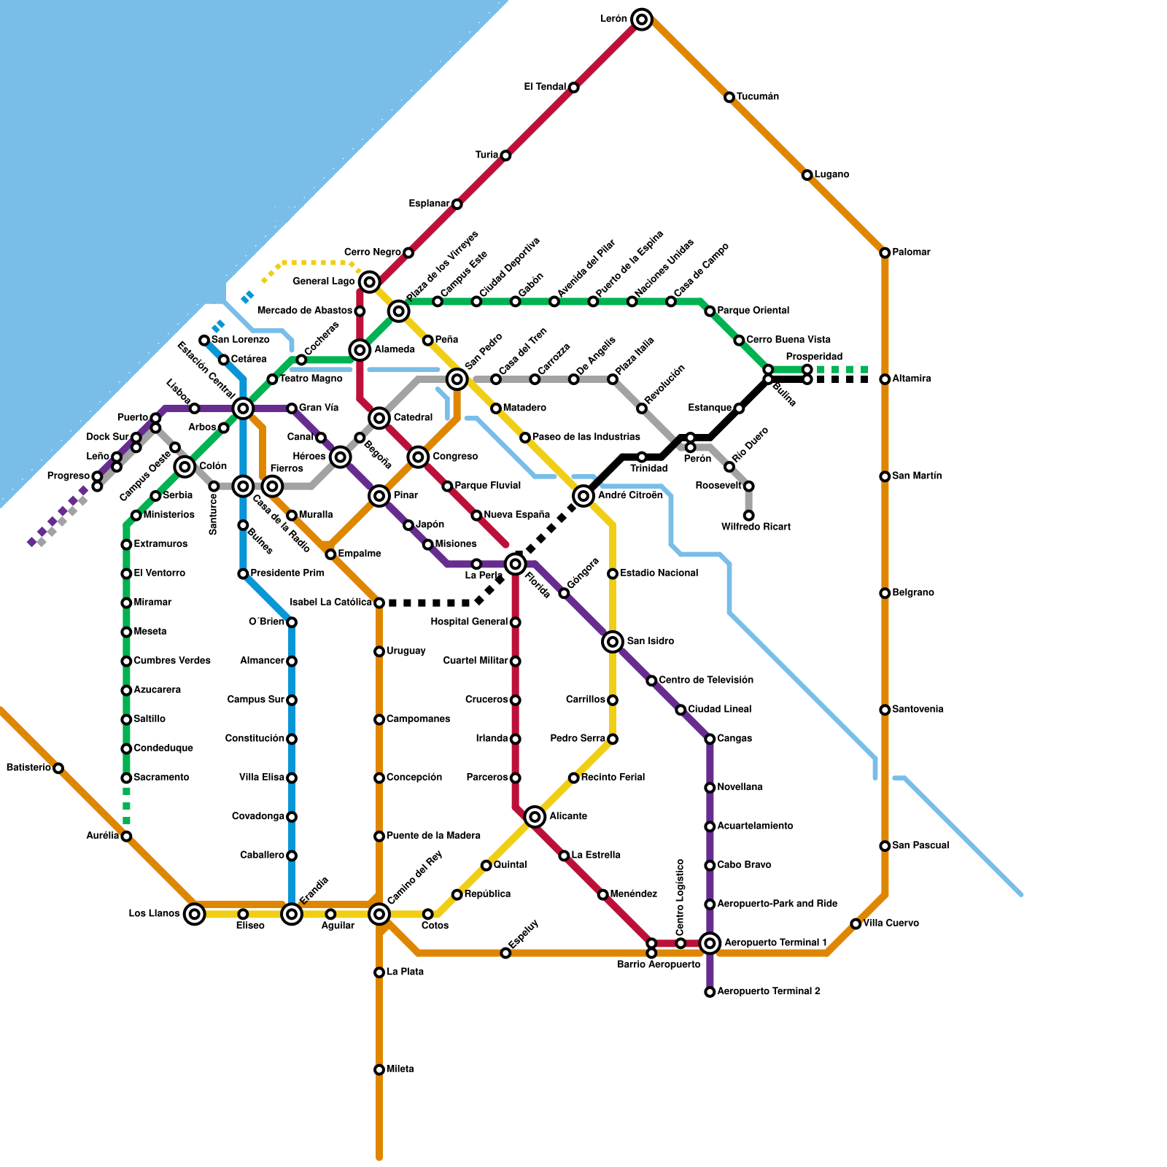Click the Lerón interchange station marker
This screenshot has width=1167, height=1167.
pyautogui.click(x=642, y=20)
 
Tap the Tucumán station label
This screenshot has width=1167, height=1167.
pyautogui.click(x=758, y=97)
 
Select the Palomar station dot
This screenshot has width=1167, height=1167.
pyautogui.click(x=885, y=253)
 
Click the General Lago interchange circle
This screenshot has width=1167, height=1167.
pyautogui.click(x=370, y=282)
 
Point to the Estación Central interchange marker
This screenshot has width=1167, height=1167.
pyautogui.click(x=244, y=408)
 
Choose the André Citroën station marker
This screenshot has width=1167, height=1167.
pyautogui.click(x=583, y=496)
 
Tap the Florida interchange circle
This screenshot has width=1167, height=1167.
pyautogui.click(x=516, y=564)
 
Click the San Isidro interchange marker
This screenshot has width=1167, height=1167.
pyautogui.click(x=613, y=642)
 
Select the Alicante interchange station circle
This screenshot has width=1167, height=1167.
pyautogui.click(x=535, y=817)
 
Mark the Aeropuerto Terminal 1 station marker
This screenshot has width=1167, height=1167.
pyautogui.click(x=710, y=943)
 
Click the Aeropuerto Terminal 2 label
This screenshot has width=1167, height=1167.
pyautogui.click(x=769, y=992)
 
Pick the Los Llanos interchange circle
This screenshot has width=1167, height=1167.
pyautogui.click(x=194, y=914)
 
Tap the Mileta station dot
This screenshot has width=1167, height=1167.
pyautogui.click(x=379, y=1070)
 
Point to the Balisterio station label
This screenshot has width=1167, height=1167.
pyautogui.click(x=28, y=768)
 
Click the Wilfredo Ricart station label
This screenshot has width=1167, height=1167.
pyautogui.click(x=756, y=527)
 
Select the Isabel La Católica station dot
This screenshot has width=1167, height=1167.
pyautogui.click(x=379, y=603)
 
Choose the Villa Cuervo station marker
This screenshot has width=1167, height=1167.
pyautogui.click(x=856, y=924)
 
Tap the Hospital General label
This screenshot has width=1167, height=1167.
pyautogui.click(x=469, y=622)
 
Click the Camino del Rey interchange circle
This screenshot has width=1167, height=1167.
pyautogui.click(x=379, y=914)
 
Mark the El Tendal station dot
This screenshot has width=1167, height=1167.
pyautogui.click(x=574, y=88)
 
